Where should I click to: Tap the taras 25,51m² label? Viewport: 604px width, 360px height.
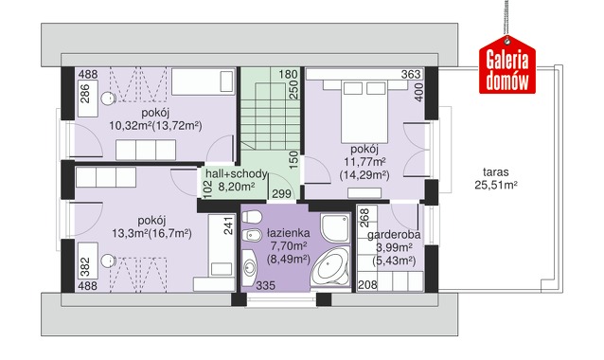pyautogui.click(x=496, y=178)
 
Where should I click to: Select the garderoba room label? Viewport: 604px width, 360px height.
pyautogui.click(x=394, y=247)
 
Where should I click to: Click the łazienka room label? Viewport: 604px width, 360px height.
pyautogui.click(x=289, y=246)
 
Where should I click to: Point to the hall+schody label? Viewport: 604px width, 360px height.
pyautogui.click(x=236, y=180)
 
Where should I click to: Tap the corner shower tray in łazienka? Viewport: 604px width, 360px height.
pyautogui.click(x=335, y=227)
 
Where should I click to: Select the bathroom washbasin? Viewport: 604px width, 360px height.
pyautogui.click(x=250, y=267)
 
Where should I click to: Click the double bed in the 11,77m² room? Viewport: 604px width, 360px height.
pyautogui.click(x=364, y=111)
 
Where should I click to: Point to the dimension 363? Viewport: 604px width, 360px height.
pyautogui.click(x=411, y=74)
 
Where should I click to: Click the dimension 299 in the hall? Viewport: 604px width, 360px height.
pyautogui.click(x=281, y=194)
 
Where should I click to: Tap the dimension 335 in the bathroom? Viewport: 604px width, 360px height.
pyautogui.click(x=266, y=285)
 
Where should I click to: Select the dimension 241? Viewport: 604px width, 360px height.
pyautogui.click(x=228, y=225)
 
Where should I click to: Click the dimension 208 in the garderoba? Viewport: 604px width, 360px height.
pyautogui.click(x=367, y=285)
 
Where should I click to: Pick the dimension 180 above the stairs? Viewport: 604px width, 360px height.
pyautogui.click(x=288, y=74)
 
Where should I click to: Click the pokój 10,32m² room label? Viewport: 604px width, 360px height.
pyautogui.click(x=155, y=119)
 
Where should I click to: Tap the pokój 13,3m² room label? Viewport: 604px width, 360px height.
pyautogui.click(x=151, y=227)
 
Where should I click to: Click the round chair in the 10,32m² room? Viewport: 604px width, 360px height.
pyautogui.click(x=108, y=99)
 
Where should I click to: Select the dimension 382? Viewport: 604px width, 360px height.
pyautogui.click(x=85, y=267)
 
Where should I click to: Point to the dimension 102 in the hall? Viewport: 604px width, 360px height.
pyautogui.click(x=207, y=189)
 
